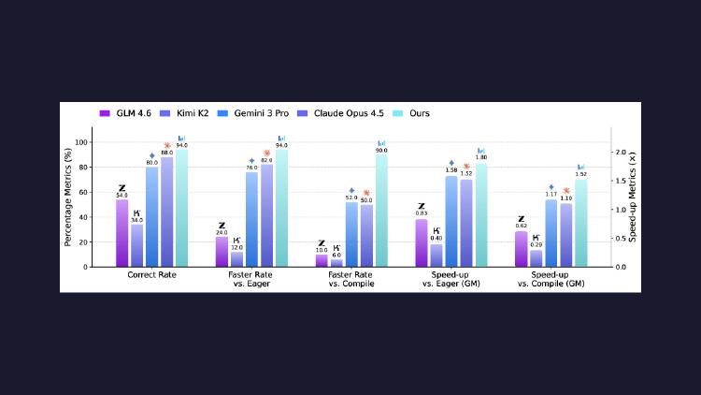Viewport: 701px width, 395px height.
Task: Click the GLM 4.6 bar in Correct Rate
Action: [122, 234]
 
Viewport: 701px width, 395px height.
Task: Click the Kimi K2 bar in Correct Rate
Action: [136, 246]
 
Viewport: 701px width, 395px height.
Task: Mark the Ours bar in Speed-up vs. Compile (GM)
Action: [580, 224]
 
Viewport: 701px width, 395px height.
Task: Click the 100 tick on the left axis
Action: [81, 142]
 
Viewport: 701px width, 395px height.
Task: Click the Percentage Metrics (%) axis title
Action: [67, 197]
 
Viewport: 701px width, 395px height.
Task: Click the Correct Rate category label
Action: [151, 275]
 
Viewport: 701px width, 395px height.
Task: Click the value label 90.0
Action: [381, 151]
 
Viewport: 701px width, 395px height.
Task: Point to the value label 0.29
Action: [536, 244]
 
